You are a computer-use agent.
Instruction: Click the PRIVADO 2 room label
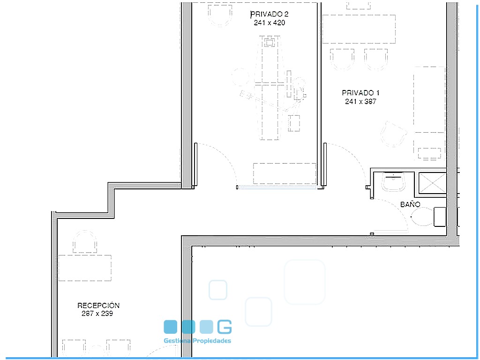[269, 14]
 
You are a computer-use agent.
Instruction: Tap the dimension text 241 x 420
[269, 22]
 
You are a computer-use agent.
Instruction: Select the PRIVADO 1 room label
[360, 93]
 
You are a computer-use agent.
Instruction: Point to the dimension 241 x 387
[360, 101]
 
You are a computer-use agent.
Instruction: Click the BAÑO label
[410, 204]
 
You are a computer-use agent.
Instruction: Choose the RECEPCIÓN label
[98, 305]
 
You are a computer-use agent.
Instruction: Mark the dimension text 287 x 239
[97, 314]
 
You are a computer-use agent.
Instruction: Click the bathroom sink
[393, 181]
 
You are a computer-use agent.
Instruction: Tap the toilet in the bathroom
[428, 217]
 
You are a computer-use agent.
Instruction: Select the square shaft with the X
[432, 183]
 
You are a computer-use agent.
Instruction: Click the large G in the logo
[225, 327]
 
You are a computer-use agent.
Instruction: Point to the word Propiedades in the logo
[211, 341]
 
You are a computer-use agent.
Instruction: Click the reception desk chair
[85, 242]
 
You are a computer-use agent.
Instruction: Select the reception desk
[85, 268]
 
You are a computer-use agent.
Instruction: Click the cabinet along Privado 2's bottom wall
[285, 173]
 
